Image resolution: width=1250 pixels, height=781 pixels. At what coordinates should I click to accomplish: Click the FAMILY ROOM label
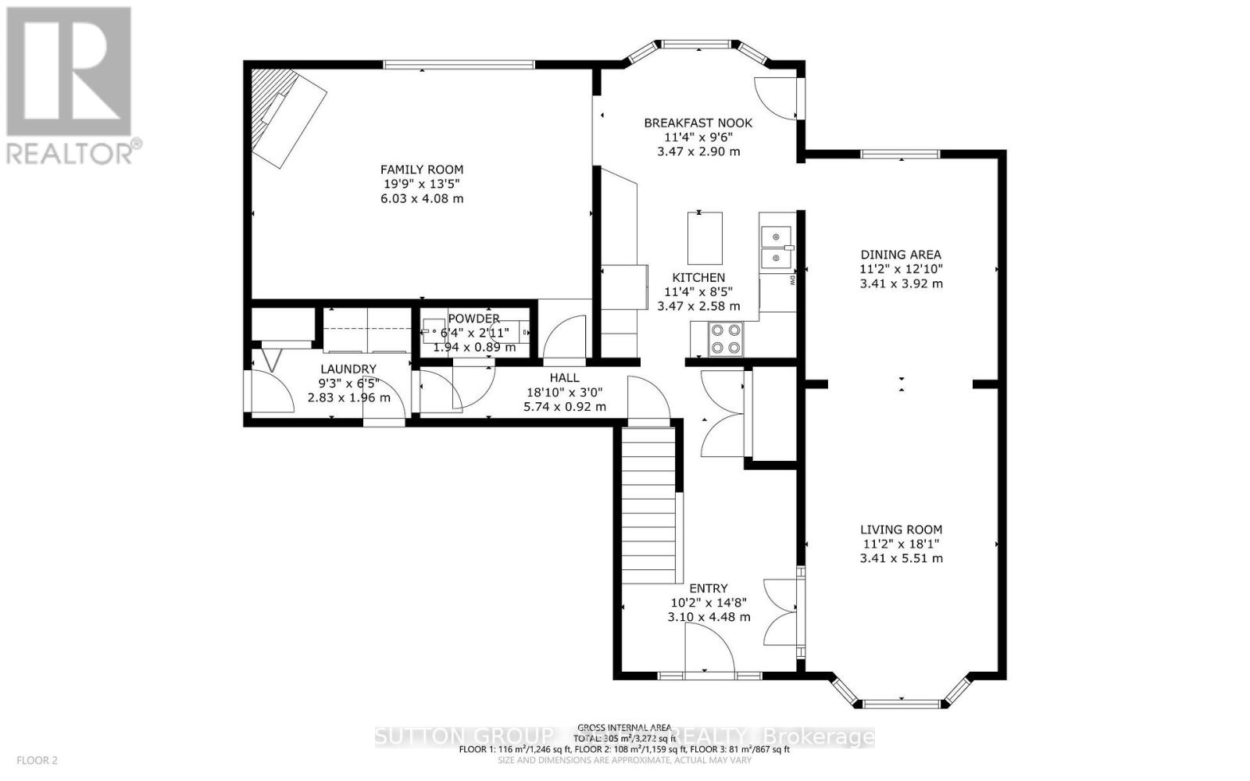tap(421, 169)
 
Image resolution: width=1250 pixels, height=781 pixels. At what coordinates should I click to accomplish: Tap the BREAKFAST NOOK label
tap(698, 123)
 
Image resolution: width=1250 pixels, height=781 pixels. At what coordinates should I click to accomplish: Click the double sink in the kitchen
tap(775, 246)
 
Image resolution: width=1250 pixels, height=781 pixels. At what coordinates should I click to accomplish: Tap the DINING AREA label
tap(901, 255)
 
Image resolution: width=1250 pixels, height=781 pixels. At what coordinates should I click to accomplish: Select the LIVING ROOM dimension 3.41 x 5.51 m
tap(901, 558)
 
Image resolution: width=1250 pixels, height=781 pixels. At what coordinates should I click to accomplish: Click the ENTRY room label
tap(709, 588)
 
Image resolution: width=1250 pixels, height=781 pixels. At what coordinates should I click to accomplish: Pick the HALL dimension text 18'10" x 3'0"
tap(564, 392)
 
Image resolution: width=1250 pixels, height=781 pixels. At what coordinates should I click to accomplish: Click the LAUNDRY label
tap(348, 369)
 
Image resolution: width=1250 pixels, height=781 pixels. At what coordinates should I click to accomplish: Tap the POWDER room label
tap(473, 319)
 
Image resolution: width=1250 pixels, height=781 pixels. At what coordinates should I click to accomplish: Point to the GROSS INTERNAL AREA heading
tap(624, 726)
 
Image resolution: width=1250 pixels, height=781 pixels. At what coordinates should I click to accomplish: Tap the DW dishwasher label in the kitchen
tap(793, 279)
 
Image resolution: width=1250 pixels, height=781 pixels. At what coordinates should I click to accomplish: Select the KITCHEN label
tap(698, 277)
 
